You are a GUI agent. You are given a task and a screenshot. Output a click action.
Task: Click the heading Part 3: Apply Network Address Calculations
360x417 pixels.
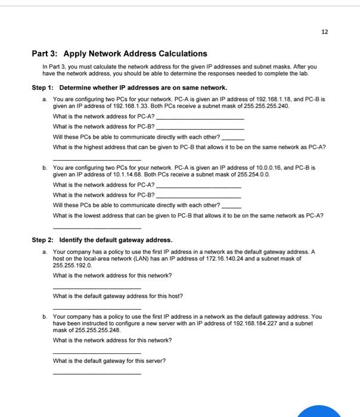click(119, 54)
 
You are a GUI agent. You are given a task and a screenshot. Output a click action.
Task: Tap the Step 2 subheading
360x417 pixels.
click(102, 240)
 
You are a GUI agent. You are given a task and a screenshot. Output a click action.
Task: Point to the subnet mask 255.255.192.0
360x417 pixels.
click(72, 265)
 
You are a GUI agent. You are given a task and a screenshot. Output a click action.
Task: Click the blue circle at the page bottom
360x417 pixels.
click(325, 411)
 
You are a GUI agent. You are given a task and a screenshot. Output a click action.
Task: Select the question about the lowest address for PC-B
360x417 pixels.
click(188, 215)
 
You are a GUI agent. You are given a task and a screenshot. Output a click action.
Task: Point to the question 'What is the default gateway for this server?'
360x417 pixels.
click(109, 360)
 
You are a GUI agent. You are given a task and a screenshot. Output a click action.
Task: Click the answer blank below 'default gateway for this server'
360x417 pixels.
click(97, 373)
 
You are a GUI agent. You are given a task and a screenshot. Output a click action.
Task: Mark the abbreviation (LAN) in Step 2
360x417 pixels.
click(143, 259)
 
